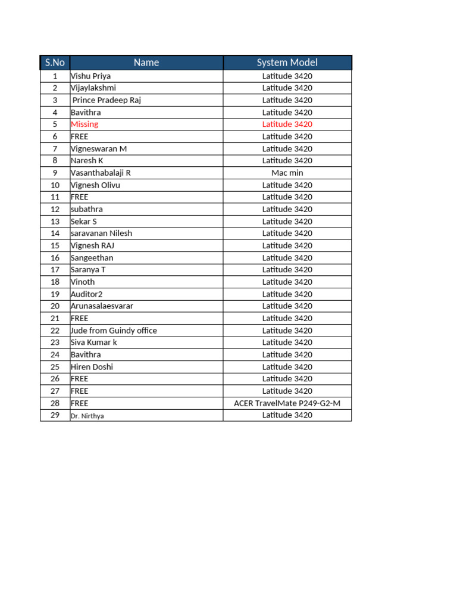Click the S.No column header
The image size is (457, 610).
[55, 63]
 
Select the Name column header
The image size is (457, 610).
[146, 63]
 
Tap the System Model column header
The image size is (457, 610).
[287, 63]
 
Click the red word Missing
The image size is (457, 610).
[84, 124]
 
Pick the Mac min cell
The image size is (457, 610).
[287, 173]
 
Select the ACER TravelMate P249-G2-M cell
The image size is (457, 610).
[287, 403]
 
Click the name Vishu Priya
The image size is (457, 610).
[90, 76]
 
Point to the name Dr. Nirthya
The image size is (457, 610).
[87, 416]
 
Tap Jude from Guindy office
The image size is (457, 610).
[114, 331]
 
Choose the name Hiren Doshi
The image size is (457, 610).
[92, 367]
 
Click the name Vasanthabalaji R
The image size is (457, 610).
[101, 173]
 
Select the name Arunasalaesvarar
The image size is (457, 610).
[102, 306]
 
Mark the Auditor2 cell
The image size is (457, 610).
[86, 294]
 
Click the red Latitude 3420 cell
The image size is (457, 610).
[287, 124]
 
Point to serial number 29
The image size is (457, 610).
[55, 415]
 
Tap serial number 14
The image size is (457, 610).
[55, 234]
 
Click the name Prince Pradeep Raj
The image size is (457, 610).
[107, 100]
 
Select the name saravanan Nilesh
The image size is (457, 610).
[101, 234]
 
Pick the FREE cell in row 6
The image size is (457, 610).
[79, 136]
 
